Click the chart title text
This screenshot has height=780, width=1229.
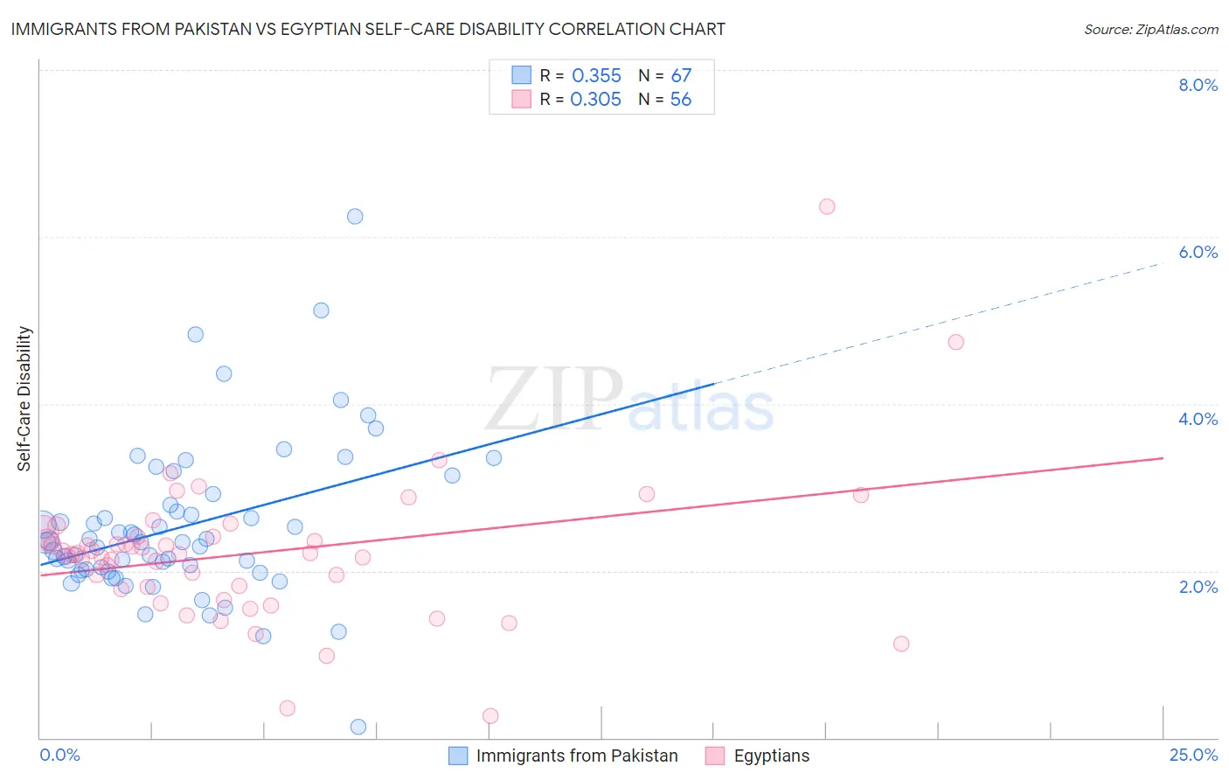pyautogui.click(x=368, y=29)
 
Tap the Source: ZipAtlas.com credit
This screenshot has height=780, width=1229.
pyautogui.click(x=1150, y=29)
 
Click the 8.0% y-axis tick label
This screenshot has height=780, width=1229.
pyautogui.click(x=1198, y=85)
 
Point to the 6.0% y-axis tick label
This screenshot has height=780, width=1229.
pyautogui.click(x=1198, y=252)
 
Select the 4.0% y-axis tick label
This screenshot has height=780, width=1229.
pyautogui.click(x=1198, y=419)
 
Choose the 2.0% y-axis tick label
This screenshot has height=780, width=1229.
pyautogui.click(x=1198, y=587)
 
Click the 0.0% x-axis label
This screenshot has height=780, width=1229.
pyautogui.click(x=59, y=755)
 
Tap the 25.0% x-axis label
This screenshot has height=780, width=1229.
pyautogui.click(x=1193, y=755)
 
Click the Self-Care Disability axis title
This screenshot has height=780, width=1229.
pyautogui.click(x=24, y=399)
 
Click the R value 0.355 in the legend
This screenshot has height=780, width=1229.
pyautogui.click(x=596, y=76)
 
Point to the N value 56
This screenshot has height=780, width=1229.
pyautogui.click(x=680, y=100)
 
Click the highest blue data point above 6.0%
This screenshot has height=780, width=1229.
pyautogui.click(x=355, y=216)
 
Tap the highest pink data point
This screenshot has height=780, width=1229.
pyautogui.click(x=827, y=206)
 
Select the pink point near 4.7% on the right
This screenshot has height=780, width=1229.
pyautogui.click(x=955, y=342)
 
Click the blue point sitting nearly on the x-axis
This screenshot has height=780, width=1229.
pyautogui.click(x=358, y=727)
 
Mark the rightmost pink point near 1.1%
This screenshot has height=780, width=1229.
pyautogui.click(x=901, y=644)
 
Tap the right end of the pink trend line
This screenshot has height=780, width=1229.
pyautogui.click(x=1163, y=458)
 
